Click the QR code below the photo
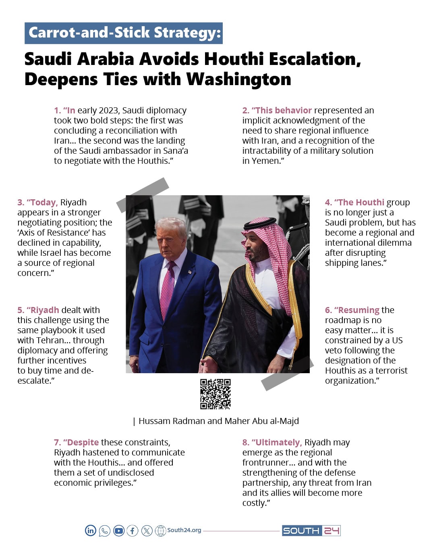215,394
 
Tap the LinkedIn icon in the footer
91,530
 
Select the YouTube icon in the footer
119,530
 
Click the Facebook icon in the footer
133,530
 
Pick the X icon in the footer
147,530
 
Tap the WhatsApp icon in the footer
105,530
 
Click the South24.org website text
184,530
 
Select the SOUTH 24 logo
311,530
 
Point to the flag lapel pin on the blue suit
190,272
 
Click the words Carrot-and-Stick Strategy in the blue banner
124,33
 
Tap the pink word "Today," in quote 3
44,202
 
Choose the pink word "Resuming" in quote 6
358,310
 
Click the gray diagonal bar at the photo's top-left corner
143,194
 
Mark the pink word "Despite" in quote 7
83,442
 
